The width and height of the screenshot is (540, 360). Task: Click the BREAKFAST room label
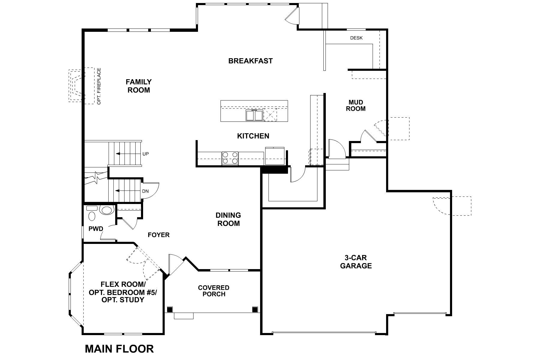click(x=250, y=61)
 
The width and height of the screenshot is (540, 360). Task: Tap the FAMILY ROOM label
click(x=139, y=86)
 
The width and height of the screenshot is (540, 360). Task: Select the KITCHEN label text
click(x=253, y=136)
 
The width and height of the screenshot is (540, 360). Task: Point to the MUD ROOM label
click(x=356, y=106)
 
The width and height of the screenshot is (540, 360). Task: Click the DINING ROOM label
click(x=228, y=219)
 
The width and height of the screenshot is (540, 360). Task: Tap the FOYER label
click(x=159, y=235)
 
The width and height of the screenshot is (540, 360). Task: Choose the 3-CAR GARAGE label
click(x=356, y=262)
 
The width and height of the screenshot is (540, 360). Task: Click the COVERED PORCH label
click(x=214, y=291)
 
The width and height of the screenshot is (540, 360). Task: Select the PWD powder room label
click(x=96, y=229)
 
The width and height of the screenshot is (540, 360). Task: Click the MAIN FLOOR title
click(x=119, y=349)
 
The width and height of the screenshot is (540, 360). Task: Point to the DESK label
click(x=356, y=38)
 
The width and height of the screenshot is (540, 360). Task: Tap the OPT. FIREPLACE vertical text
click(x=99, y=86)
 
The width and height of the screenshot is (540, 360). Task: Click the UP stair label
click(x=146, y=154)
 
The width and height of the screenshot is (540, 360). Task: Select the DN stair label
click(x=145, y=191)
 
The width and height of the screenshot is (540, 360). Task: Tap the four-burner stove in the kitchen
click(x=230, y=158)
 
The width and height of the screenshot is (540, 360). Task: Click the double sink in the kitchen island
click(x=254, y=115)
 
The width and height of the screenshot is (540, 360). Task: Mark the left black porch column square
click(x=170, y=309)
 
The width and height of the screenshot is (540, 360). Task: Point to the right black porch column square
click(x=255, y=309)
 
